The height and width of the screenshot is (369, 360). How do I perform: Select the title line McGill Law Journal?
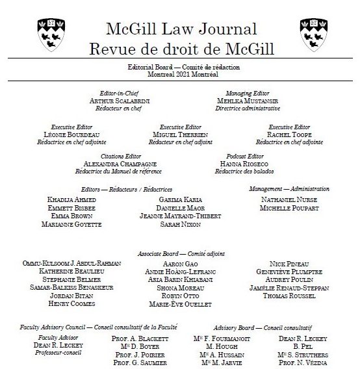[x=181, y=29]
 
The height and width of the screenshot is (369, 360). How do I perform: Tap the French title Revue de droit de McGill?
[x=181, y=48]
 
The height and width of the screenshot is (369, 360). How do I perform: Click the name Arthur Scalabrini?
[x=118, y=101]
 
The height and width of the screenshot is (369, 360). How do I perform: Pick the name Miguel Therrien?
[x=180, y=134]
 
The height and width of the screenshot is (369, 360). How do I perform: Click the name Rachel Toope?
[x=289, y=134]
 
